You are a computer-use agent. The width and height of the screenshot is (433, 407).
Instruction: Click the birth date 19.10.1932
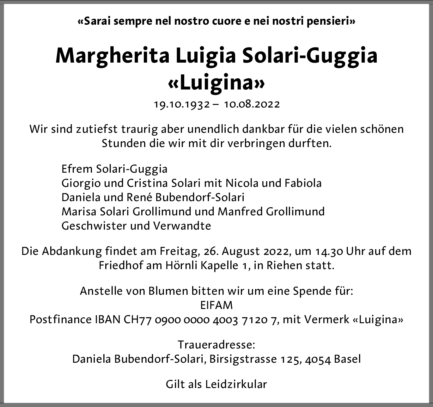coord(182,104)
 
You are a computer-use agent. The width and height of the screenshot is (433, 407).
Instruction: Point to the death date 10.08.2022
coord(252,104)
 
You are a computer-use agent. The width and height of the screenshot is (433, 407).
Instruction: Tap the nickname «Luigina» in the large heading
coord(216,83)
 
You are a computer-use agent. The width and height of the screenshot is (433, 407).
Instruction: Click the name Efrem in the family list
coord(77,169)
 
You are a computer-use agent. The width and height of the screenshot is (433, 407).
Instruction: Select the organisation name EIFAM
coord(216,305)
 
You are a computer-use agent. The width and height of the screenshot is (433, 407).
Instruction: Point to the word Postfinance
coord(61,319)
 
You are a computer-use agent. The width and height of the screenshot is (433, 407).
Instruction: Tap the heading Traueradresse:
coord(216,344)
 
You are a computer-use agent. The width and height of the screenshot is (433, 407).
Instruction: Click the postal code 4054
coord(318,359)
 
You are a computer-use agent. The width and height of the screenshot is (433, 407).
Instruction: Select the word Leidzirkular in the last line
coord(236,384)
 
